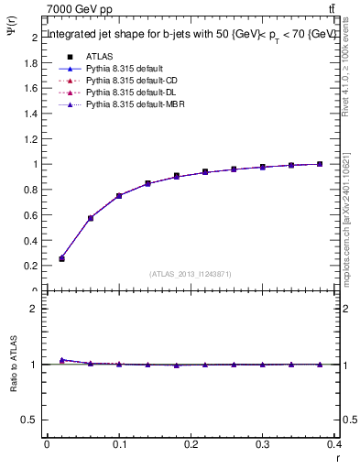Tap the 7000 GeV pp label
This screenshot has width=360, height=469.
point(80,9)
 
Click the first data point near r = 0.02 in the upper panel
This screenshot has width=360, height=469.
point(61,258)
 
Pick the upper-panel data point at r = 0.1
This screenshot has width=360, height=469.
point(119,195)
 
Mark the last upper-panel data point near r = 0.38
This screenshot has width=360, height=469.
point(320,164)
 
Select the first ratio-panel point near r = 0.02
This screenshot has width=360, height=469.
point(61,360)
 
